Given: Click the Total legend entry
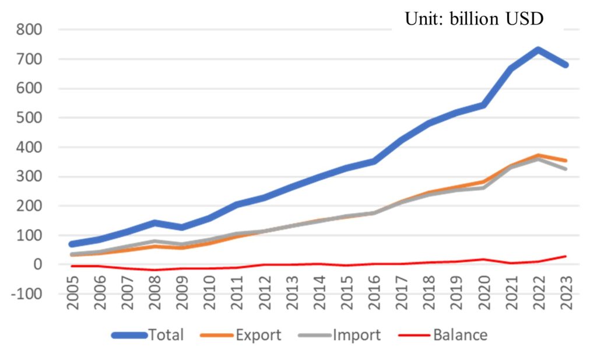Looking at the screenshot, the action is click(148, 335).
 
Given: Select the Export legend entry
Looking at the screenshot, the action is click(241, 335).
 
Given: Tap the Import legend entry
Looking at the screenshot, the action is click(340, 335).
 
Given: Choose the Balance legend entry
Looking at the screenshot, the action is click(443, 335).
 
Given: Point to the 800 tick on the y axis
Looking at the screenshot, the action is click(29, 30).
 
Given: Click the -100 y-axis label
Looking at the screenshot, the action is click(27, 294).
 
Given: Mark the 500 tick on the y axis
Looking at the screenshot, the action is click(29, 118).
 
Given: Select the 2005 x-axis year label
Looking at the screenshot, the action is click(72, 292).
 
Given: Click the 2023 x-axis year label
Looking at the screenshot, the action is click(567, 292).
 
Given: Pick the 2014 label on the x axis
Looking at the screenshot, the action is click(319, 292).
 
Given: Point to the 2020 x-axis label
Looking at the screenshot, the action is click(484, 292).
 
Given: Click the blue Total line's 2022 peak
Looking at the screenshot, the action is click(538, 50).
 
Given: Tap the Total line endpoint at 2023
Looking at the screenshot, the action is click(566, 65).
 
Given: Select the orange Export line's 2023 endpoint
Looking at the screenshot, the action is click(566, 161).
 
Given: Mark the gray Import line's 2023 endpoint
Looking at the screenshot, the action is click(566, 169).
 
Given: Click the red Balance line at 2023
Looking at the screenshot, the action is click(566, 256).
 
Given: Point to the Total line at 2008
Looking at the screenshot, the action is click(154, 222).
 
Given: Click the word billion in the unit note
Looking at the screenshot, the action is click(474, 19).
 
